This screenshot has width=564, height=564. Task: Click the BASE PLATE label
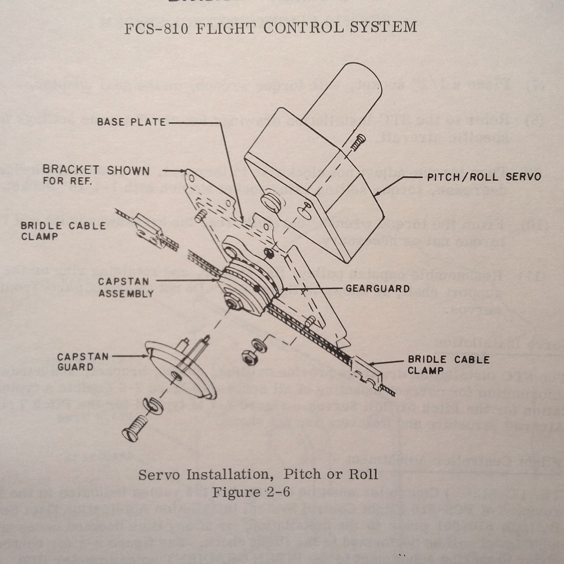tap(131, 122)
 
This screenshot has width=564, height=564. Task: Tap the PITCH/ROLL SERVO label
tap(484, 177)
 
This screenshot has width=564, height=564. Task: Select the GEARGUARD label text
tap(377, 289)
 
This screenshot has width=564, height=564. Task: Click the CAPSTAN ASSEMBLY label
tap(126, 287)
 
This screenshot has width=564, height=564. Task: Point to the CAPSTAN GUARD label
tap(83, 362)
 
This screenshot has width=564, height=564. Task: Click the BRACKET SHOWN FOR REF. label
tap(96, 175)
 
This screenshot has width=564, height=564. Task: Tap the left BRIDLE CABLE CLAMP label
tap(63, 231)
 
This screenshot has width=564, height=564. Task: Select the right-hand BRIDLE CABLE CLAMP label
tap(448, 365)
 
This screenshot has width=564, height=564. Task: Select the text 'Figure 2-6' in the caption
tap(251, 492)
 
